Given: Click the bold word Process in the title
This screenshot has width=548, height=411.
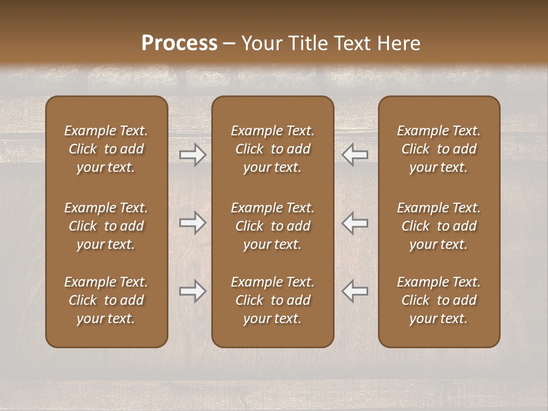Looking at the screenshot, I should pyautogui.click(x=179, y=43).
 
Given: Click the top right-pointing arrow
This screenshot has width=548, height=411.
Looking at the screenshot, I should pyautogui.click(x=192, y=155).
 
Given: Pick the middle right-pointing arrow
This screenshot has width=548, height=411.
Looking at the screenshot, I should pyautogui.click(x=192, y=223).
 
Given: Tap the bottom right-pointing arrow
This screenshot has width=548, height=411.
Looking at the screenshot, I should pyautogui.click(x=192, y=291).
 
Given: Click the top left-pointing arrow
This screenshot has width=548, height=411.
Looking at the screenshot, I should pyautogui.click(x=354, y=155).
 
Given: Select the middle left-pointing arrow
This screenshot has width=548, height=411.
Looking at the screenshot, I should pyautogui.click(x=354, y=223).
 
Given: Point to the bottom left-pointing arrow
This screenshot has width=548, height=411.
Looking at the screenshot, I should pyautogui.click(x=354, y=291).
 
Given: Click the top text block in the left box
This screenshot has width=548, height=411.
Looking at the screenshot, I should pyautogui.click(x=106, y=149).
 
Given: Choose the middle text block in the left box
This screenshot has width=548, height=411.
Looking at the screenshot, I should pyautogui.click(x=106, y=226).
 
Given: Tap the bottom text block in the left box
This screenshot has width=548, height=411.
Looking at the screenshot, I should pyautogui.click(x=106, y=300).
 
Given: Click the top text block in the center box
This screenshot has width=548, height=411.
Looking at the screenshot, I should pyautogui.click(x=272, y=149).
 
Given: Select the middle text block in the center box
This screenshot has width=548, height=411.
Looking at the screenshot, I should pyautogui.click(x=272, y=226).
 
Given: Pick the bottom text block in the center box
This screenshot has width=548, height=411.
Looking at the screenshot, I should pyautogui.click(x=272, y=300).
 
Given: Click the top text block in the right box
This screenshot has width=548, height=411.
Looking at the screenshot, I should pyautogui.click(x=438, y=149).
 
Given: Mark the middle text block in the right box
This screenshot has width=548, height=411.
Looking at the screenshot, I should pyautogui.click(x=438, y=226).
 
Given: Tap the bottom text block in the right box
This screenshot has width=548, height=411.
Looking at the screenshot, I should pyautogui.click(x=438, y=300).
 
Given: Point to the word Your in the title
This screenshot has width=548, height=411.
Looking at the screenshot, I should pyautogui.click(x=261, y=43).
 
